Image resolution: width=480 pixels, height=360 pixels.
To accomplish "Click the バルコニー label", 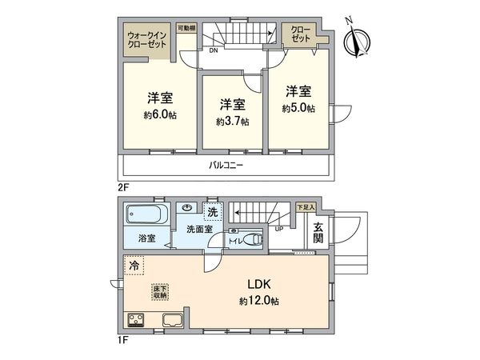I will [226, 166].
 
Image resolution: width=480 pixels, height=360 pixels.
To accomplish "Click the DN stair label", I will [214, 51].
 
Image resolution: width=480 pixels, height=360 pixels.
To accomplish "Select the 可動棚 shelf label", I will [187, 28].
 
